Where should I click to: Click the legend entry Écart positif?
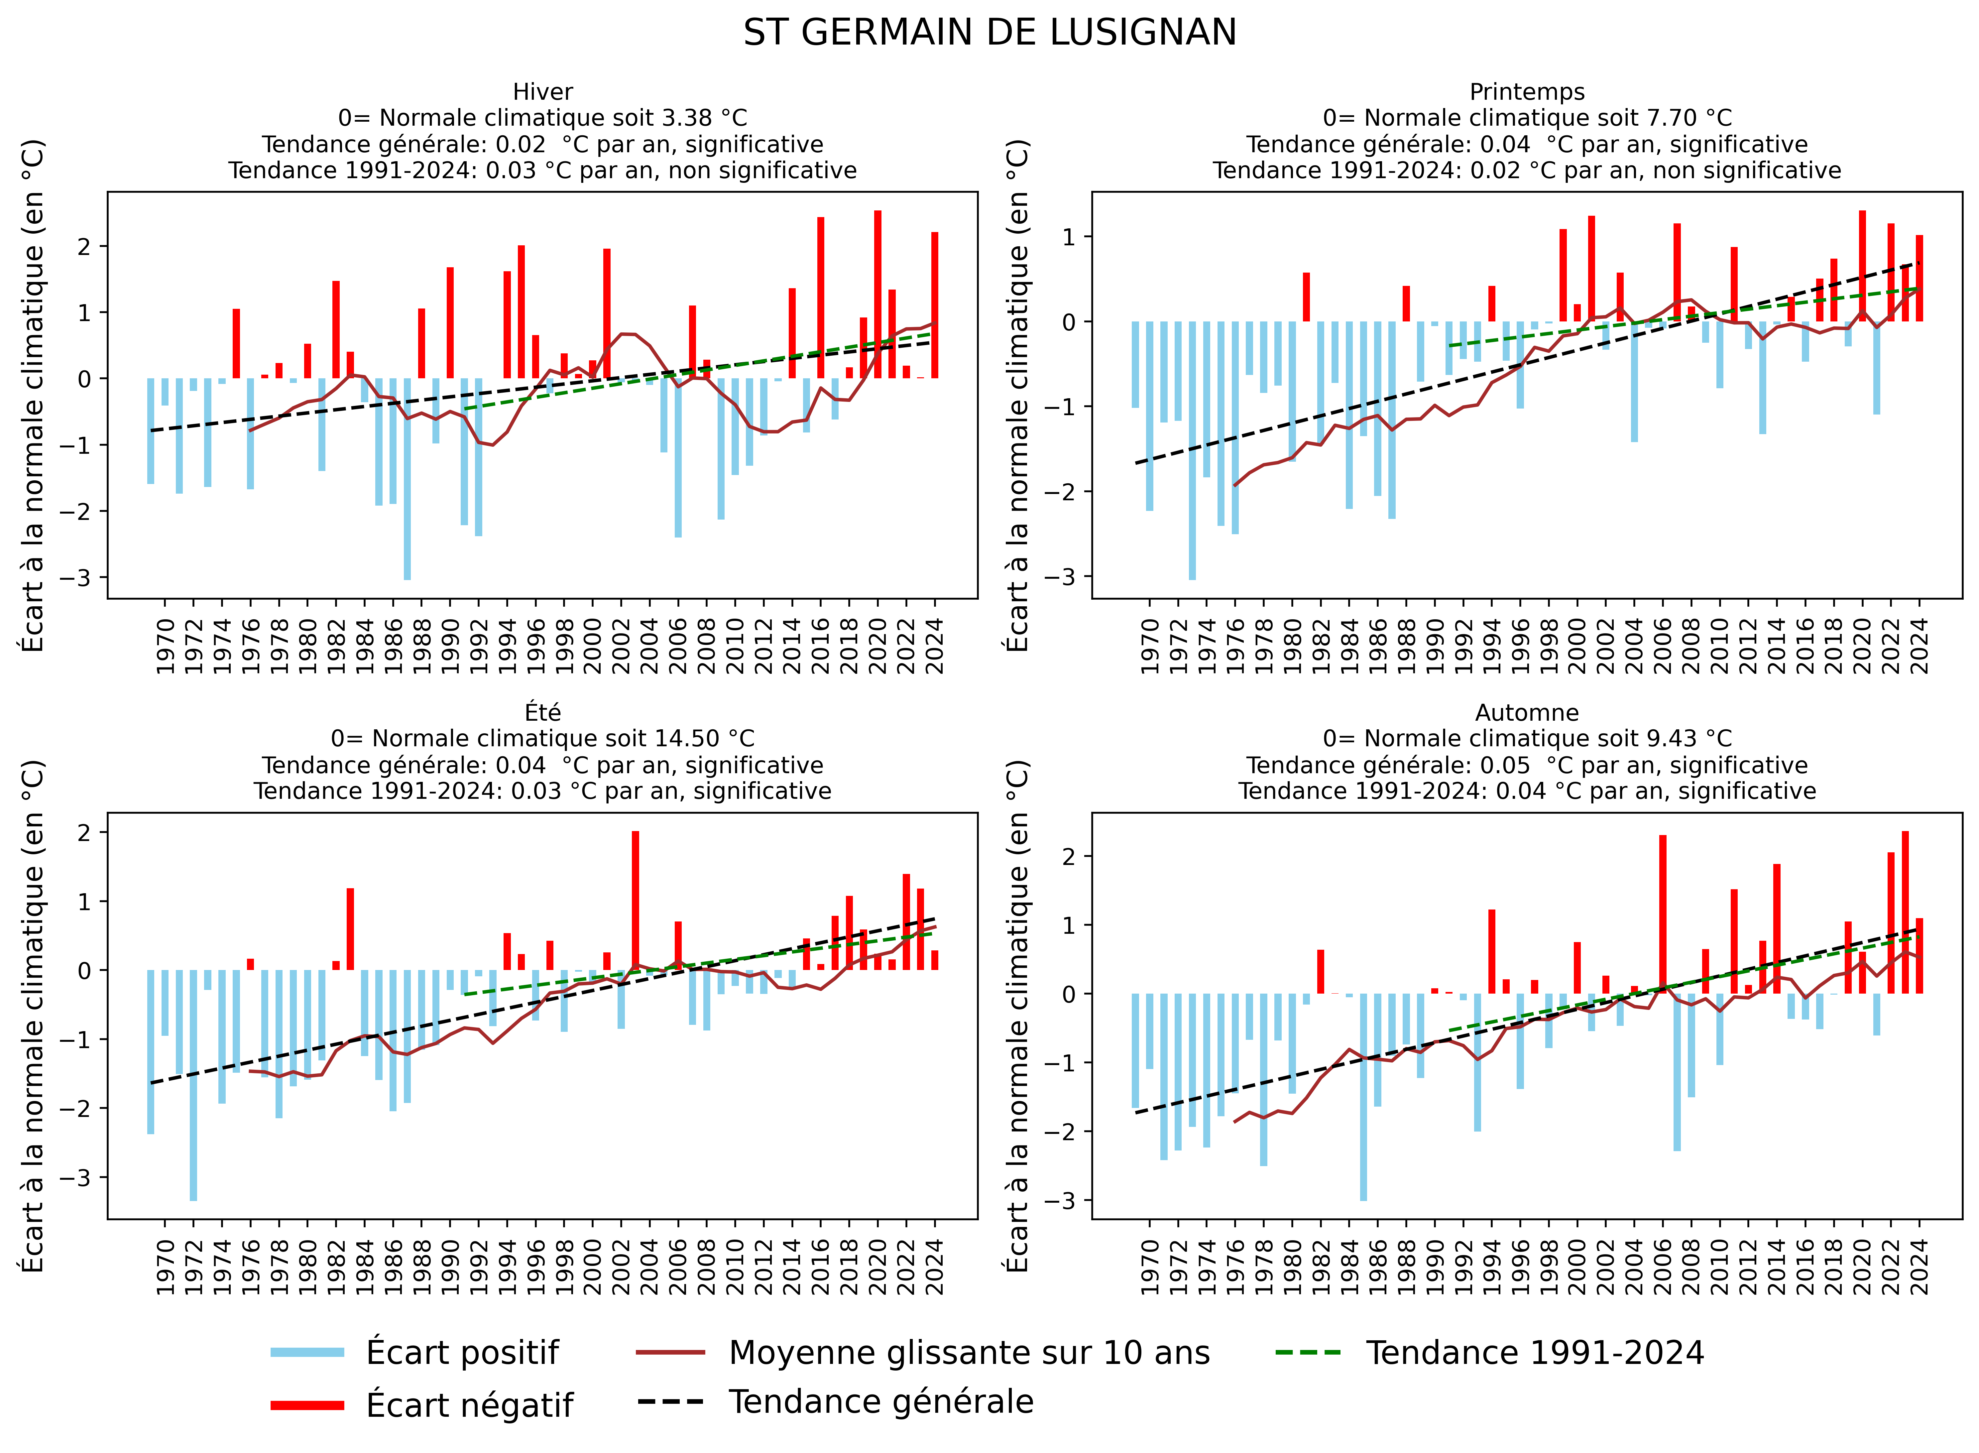point(462,1353)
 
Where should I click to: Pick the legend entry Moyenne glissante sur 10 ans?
point(968,1353)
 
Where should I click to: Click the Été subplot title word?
point(543,712)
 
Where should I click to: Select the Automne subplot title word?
point(1527,712)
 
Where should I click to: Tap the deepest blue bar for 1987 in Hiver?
point(407,479)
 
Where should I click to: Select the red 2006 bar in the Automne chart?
point(1662,915)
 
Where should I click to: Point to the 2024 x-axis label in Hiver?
point(935,647)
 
